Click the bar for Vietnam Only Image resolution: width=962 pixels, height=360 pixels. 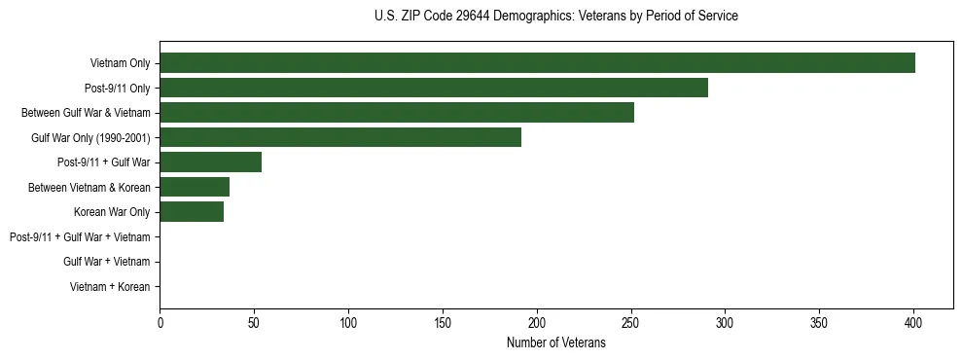tap(537, 63)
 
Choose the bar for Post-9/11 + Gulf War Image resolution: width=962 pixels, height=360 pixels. tap(210, 162)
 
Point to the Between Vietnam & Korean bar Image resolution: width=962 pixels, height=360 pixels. tap(195, 187)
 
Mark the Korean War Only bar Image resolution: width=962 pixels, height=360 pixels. tap(192, 212)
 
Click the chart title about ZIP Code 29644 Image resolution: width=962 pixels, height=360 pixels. tap(555, 17)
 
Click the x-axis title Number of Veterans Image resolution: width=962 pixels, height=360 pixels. tap(555, 343)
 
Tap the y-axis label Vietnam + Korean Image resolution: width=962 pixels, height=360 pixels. tap(110, 287)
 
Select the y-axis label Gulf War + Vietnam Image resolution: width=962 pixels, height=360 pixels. tap(106, 262)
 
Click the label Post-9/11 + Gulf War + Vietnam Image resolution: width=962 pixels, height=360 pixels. tap(80, 237)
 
